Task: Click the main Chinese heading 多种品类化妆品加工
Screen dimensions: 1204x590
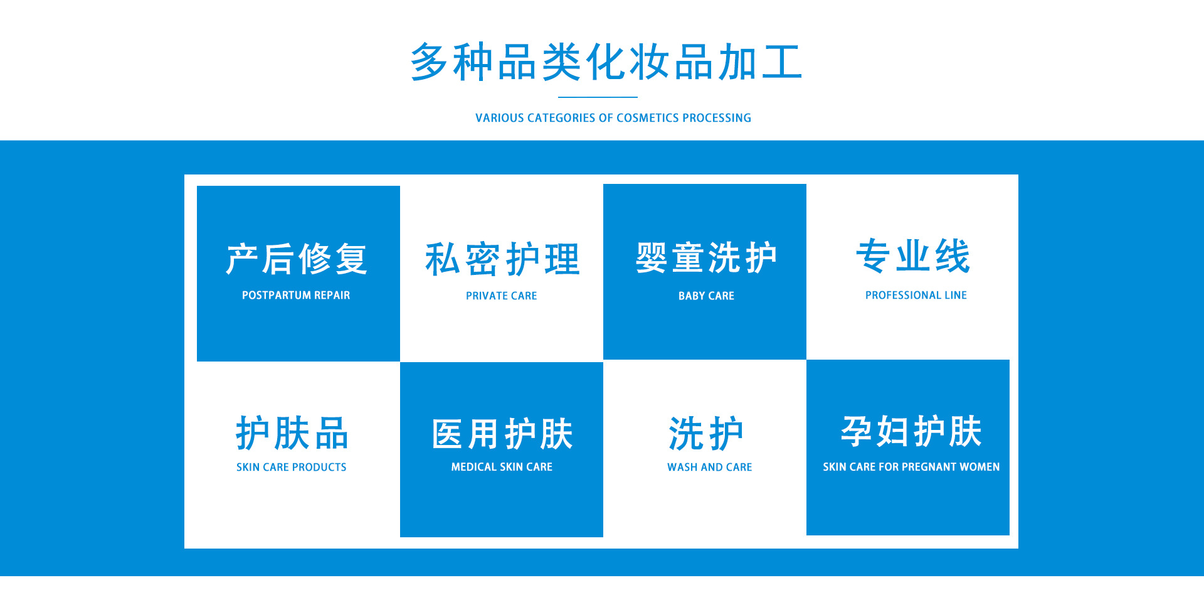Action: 606,62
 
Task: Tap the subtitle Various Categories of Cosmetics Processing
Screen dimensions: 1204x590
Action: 613,118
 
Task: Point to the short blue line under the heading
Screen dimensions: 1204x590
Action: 598,97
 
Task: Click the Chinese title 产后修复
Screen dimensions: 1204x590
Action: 297,259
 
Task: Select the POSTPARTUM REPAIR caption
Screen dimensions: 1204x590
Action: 296,295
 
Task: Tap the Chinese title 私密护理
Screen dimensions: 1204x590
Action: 502,259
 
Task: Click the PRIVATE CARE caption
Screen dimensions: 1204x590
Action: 502,296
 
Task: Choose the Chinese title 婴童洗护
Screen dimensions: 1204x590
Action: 706,258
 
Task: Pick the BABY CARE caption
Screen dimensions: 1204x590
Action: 706,296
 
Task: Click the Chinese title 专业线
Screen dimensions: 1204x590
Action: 913,256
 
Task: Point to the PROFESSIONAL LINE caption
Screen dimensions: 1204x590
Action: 916,295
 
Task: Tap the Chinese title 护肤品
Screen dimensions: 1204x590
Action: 292,433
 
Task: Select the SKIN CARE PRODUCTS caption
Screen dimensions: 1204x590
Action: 292,467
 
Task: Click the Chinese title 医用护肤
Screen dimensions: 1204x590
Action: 502,434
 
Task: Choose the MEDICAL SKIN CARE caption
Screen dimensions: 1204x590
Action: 502,467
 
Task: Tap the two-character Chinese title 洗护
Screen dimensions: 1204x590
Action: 706,434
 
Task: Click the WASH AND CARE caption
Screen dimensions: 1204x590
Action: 710,467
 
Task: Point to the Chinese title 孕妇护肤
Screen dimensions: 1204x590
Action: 911,432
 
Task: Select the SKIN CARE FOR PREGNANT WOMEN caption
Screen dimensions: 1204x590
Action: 911,467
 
